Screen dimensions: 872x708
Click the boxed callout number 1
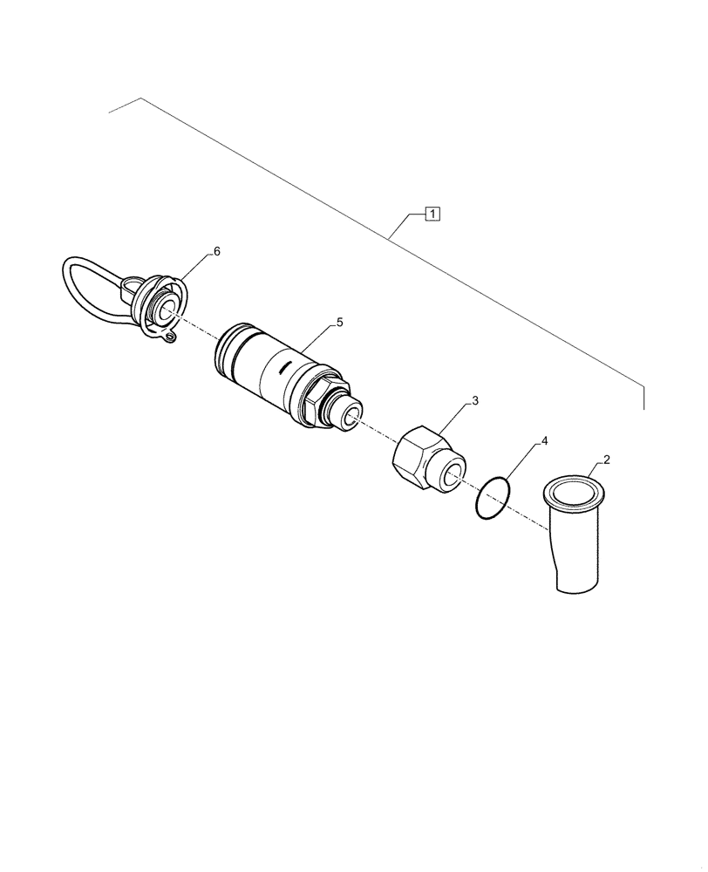click(x=433, y=213)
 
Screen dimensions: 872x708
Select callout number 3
click(x=475, y=400)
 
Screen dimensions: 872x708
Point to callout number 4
click(x=544, y=442)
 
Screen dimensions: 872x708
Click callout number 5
click(x=339, y=323)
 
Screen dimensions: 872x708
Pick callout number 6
click(x=217, y=251)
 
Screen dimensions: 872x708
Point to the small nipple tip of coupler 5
click(x=351, y=416)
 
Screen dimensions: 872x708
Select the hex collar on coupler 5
click(x=324, y=397)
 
